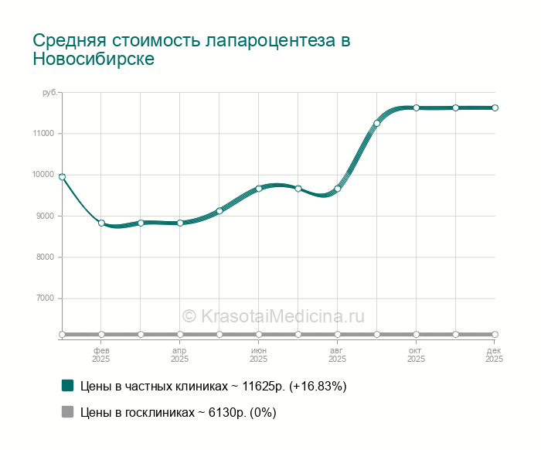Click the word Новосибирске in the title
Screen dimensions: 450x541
coord(94,60)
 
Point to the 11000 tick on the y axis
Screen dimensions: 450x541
coord(44,134)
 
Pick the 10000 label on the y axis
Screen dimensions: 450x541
coord(44,175)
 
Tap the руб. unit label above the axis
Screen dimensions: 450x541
coord(49,93)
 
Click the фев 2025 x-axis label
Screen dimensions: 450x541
coord(101,355)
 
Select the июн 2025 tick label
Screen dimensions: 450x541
coord(259,355)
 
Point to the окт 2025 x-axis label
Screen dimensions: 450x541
coord(416,355)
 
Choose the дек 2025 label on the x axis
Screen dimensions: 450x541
coord(495,355)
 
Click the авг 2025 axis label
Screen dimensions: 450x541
coord(337,355)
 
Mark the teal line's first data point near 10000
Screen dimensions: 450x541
coord(62,177)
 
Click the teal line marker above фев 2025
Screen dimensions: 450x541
coord(101,223)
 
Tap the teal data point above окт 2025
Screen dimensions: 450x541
coord(416,107)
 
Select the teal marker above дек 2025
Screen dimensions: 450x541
coord(495,107)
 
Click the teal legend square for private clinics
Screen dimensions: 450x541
coord(67,385)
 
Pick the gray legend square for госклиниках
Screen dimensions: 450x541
coord(67,412)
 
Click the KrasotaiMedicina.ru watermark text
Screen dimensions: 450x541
coord(273,315)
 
